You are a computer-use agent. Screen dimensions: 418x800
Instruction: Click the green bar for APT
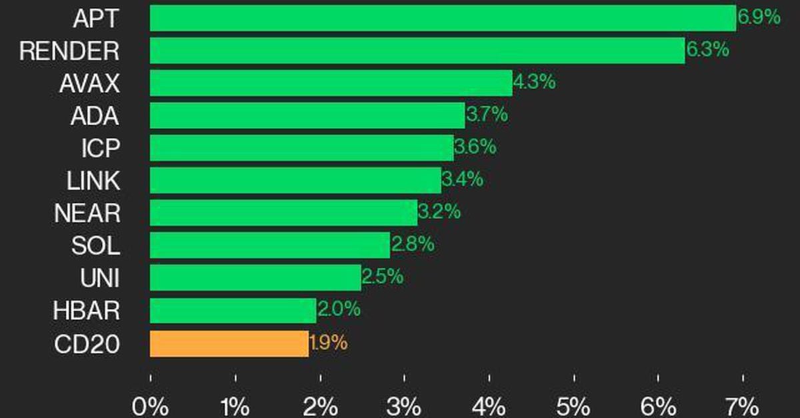click(443, 18)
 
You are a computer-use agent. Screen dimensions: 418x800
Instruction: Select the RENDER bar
click(417, 51)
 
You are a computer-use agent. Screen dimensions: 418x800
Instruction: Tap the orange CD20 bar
click(229, 343)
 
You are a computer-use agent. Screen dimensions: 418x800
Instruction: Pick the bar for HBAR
click(233, 311)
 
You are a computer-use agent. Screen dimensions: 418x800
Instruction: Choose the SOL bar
click(269, 246)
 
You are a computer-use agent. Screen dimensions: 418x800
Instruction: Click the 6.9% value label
click(759, 17)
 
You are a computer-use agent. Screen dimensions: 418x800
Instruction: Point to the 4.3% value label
click(534, 83)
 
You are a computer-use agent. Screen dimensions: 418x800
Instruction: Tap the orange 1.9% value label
click(328, 343)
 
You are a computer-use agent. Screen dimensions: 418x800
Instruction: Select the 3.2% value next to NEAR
click(439, 213)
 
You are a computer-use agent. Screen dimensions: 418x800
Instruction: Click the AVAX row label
click(89, 84)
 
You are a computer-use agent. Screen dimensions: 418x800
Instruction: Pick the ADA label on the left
click(95, 116)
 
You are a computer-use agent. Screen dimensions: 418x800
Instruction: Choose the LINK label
click(93, 181)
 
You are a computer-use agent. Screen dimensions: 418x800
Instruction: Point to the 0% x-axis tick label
click(150, 406)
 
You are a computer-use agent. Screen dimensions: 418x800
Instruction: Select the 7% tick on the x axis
click(742, 406)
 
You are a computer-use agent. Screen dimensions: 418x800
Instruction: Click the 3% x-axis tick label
click(405, 406)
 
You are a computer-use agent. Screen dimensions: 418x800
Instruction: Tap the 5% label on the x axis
click(574, 406)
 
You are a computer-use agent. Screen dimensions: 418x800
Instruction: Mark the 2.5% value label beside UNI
click(382, 277)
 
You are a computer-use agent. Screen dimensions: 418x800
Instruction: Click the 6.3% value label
click(707, 50)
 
